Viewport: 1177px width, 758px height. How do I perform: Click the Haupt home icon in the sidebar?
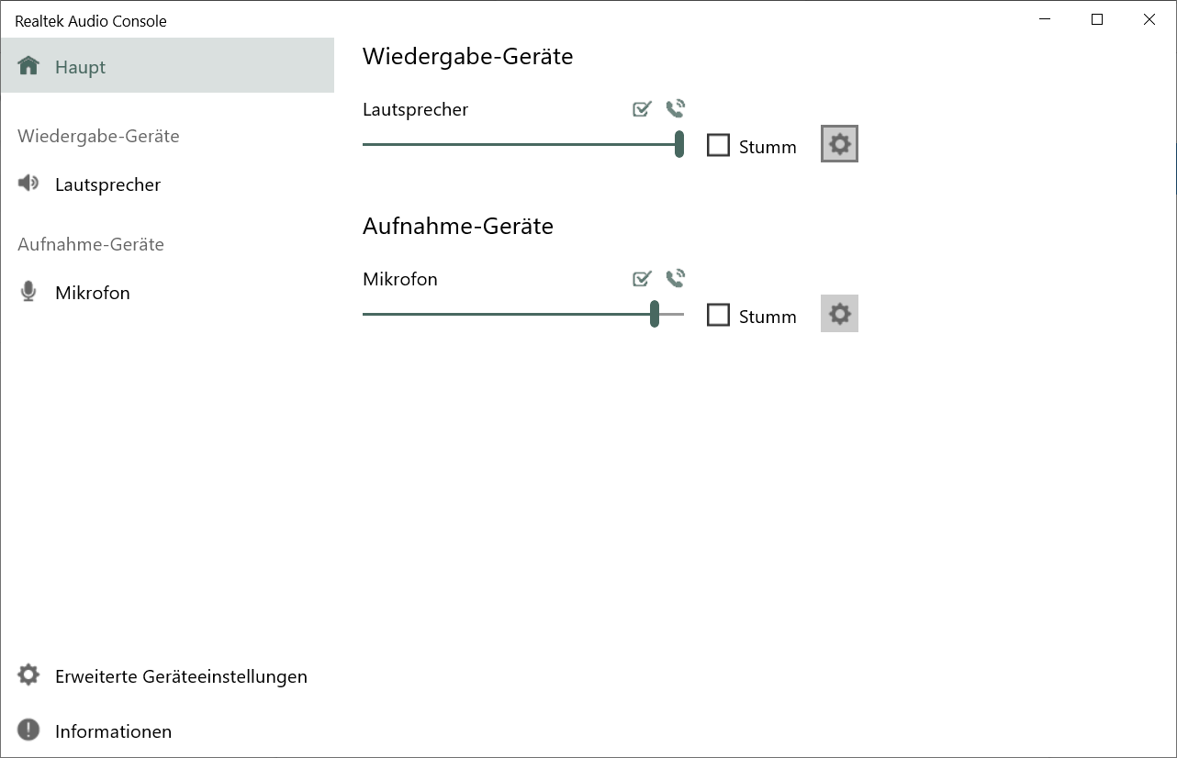point(28,66)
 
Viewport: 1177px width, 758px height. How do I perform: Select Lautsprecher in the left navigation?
point(107,184)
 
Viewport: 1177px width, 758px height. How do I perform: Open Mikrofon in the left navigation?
point(92,293)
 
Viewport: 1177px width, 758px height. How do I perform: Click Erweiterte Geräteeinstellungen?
point(181,676)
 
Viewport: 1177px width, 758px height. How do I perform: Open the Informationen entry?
point(113,731)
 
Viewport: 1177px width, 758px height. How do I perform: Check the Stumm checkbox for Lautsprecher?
point(718,146)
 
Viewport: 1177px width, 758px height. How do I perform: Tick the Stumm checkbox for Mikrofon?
point(718,316)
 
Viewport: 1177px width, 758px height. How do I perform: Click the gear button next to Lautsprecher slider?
point(839,144)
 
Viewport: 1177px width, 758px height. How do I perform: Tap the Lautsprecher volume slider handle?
point(679,144)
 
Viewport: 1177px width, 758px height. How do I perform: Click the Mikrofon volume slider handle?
point(655,314)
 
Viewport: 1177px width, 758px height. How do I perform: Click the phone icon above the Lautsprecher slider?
point(676,109)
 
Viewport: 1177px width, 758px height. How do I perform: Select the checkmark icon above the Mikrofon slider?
point(642,278)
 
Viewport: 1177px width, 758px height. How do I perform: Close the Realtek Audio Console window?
point(1149,19)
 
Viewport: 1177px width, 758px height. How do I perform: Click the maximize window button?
point(1096,19)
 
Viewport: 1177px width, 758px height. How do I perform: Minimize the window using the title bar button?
point(1044,19)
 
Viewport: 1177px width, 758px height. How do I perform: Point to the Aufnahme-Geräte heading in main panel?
point(458,226)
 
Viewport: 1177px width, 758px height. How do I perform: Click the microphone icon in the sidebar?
point(28,292)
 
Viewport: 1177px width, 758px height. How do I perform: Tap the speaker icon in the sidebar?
point(28,184)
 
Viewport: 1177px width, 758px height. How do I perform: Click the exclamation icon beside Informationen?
point(28,730)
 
